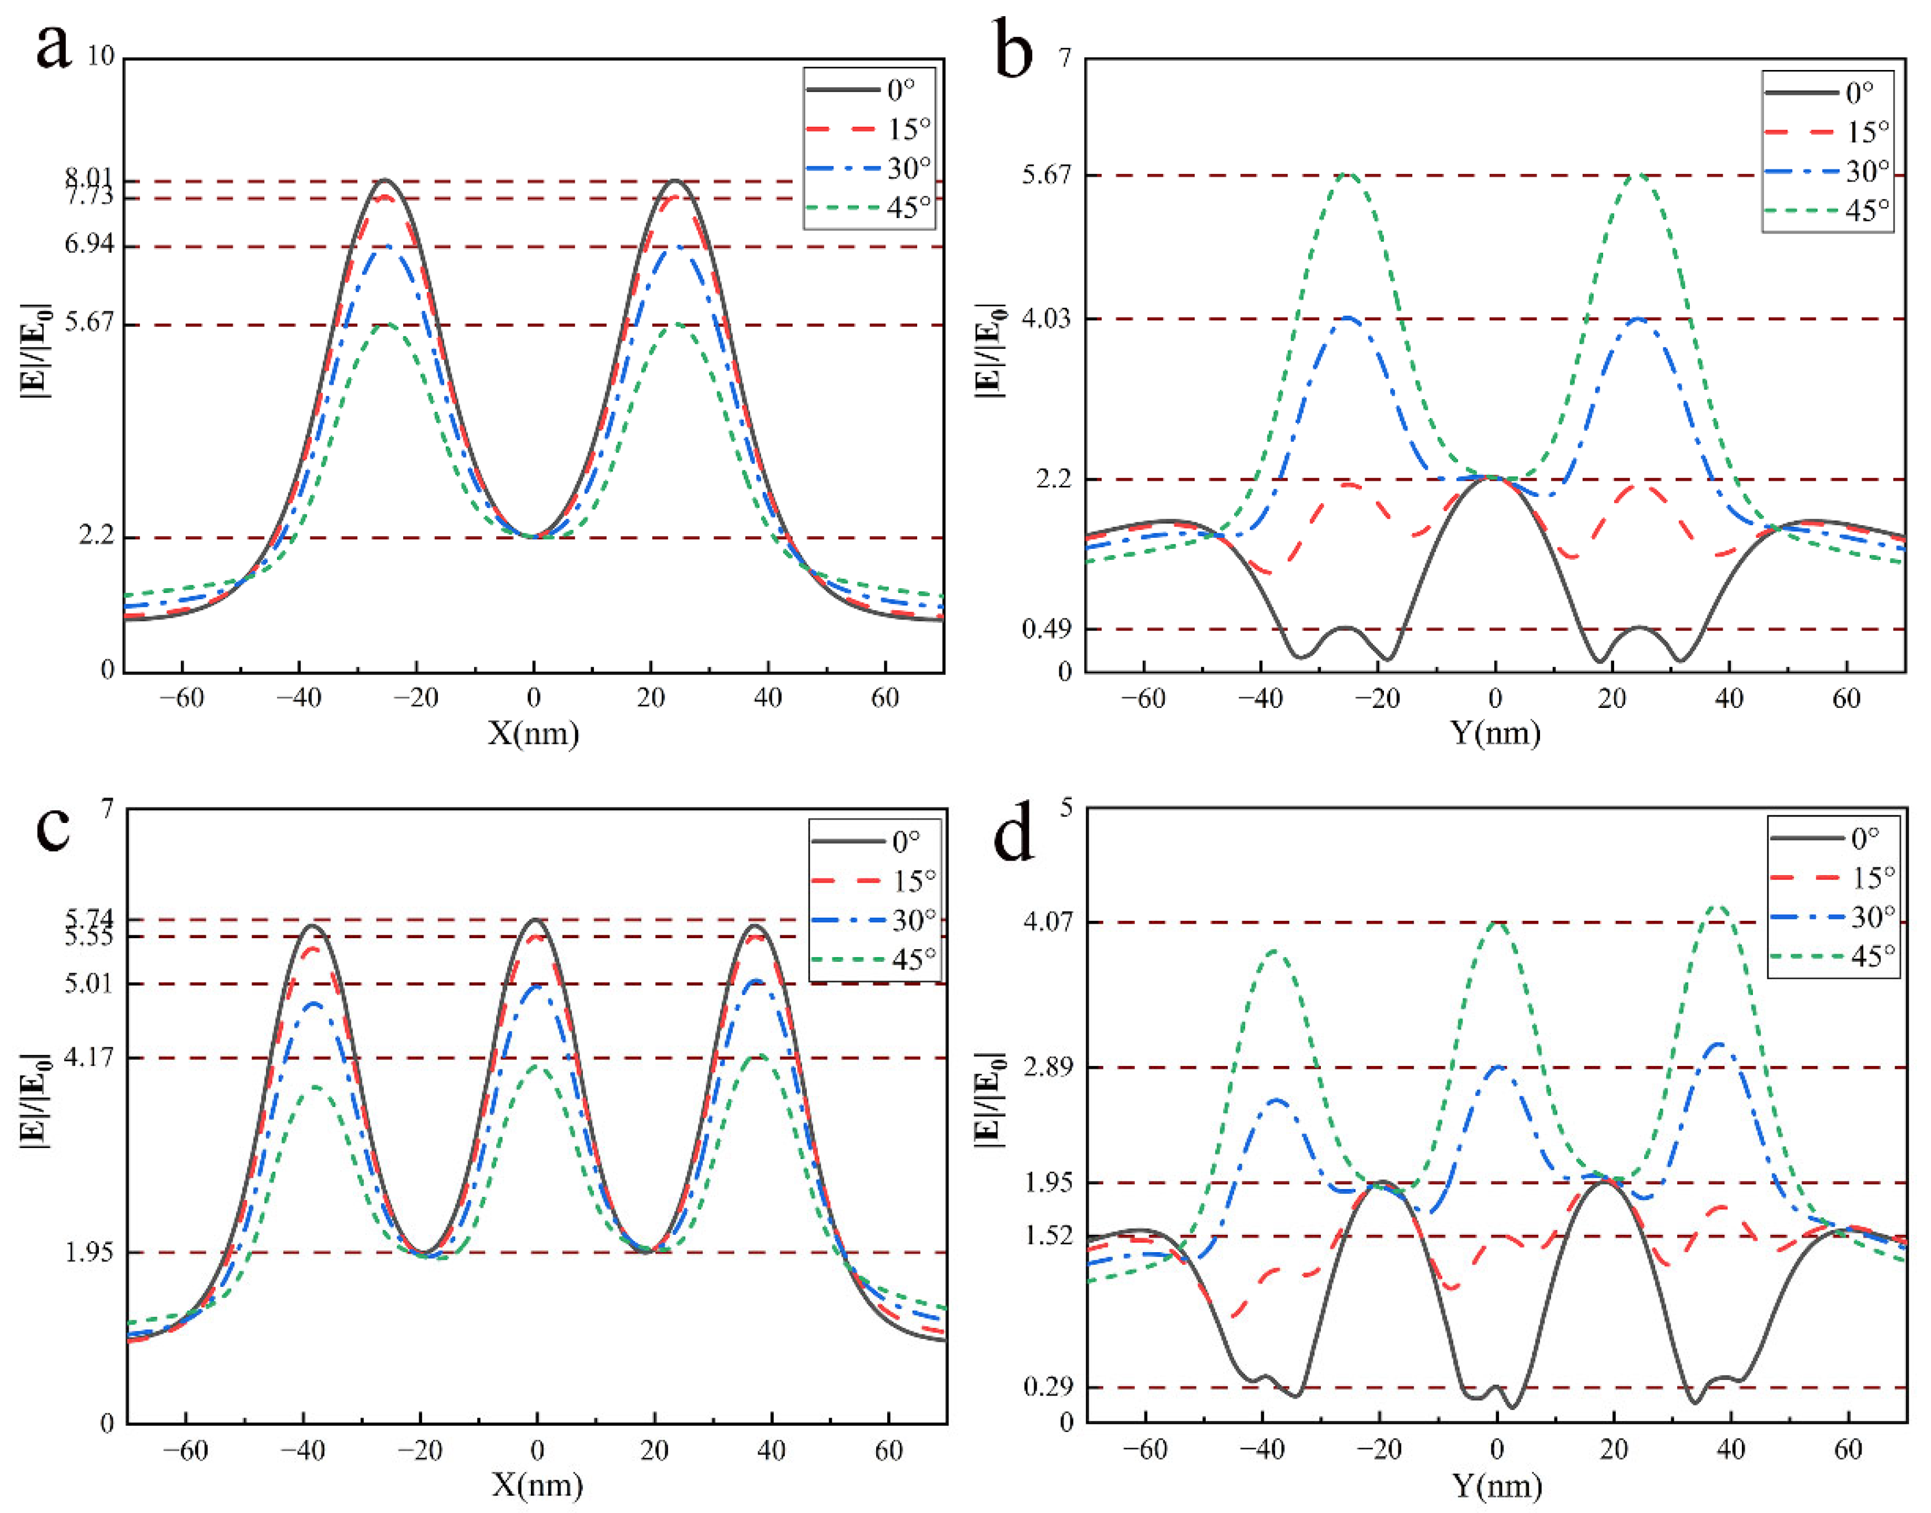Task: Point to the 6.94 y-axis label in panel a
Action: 90,245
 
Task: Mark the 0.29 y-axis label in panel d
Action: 1048,1387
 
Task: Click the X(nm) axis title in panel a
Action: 533,733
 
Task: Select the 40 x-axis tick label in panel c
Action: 771,1451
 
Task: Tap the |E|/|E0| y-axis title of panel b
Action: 990,350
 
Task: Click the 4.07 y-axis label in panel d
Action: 1048,921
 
